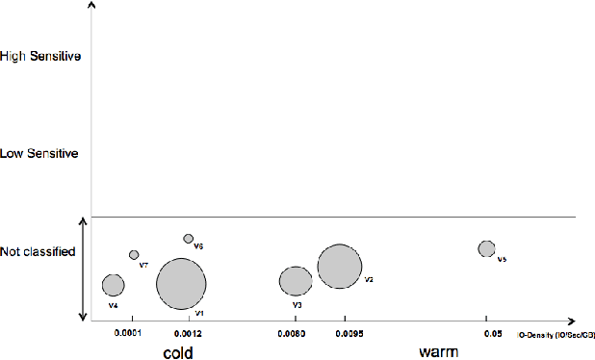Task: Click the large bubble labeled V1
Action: pos(181,283)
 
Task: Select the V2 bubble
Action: pos(340,267)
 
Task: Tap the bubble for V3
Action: pos(296,281)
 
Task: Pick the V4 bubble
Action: pos(114,285)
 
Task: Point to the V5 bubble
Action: pos(487,248)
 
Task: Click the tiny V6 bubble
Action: pos(189,238)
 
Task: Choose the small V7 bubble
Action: pos(134,255)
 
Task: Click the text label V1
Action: pos(198,312)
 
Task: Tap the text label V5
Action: pos(502,260)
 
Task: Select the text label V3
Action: pos(297,305)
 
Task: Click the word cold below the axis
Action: pos(178,352)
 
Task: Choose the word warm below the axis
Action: pos(438,352)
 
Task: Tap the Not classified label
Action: pos(39,251)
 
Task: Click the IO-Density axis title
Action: pos(556,335)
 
